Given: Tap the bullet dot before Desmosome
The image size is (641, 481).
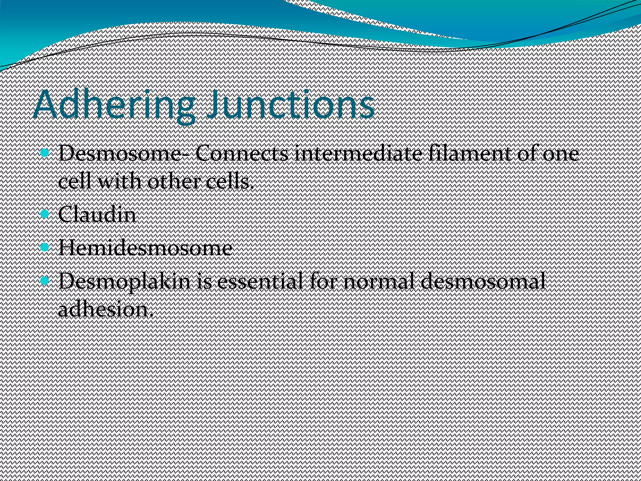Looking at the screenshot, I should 45,153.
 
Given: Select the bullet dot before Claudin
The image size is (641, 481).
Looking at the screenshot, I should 45,214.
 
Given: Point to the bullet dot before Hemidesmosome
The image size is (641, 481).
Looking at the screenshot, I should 45,247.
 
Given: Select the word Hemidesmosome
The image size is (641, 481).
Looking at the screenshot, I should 145,248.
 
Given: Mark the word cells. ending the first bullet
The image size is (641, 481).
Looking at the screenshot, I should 229,182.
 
